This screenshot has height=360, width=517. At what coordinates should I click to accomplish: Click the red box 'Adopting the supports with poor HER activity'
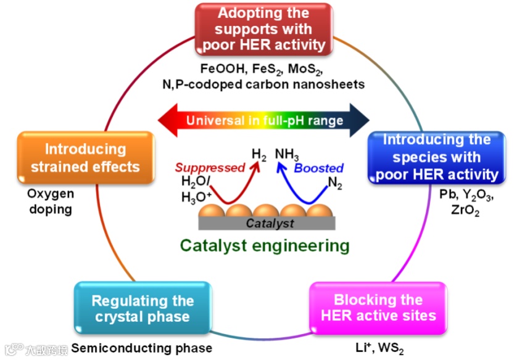(x=263, y=29)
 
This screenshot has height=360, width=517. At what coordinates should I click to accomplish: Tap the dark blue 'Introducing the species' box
(x=436, y=157)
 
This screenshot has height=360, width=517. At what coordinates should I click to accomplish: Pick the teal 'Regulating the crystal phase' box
(x=143, y=309)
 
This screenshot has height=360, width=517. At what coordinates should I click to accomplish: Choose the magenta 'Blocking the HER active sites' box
(x=378, y=308)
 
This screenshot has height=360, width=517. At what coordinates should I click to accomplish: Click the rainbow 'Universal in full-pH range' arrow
(x=264, y=120)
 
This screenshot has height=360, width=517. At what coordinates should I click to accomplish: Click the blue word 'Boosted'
(x=319, y=168)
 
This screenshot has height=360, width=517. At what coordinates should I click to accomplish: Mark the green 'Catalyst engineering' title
(x=265, y=245)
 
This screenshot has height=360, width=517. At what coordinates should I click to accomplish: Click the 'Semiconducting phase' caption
(x=142, y=348)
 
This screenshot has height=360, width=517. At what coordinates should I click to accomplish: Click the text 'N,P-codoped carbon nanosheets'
(x=266, y=84)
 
